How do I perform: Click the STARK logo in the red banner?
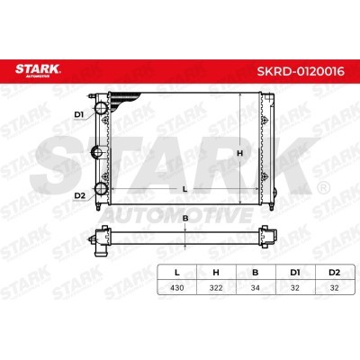[38, 71]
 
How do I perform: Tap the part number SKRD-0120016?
[301, 71]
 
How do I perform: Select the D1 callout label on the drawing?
[79, 114]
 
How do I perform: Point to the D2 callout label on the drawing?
[80, 196]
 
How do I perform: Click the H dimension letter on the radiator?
[239, 153]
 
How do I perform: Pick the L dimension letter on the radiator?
[185, 189]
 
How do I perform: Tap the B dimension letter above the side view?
[185, 219]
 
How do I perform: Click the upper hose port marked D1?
[101, 108]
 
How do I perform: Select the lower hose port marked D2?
[101, 189]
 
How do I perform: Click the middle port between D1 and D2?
[97, 152]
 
